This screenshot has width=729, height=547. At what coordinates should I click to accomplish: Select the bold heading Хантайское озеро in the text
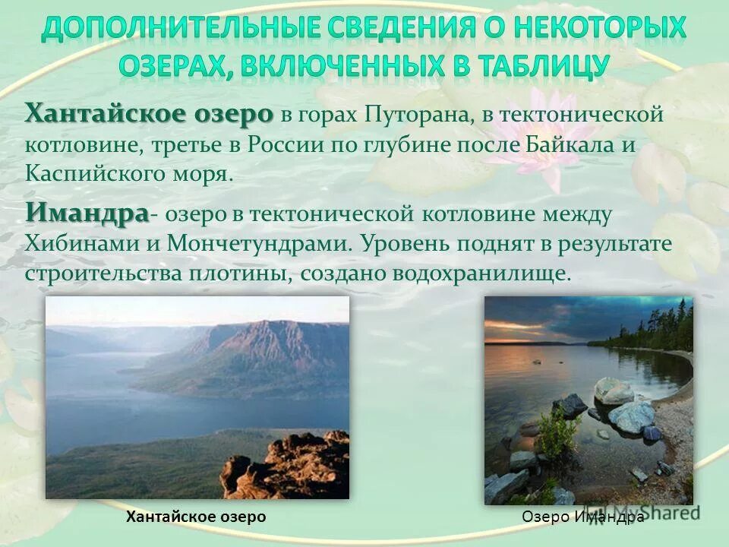click(x=149, y=115)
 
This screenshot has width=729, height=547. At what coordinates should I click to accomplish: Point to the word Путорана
click(x=411, y=116)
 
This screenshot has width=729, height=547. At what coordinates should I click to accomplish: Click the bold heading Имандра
click(x=87, y=212)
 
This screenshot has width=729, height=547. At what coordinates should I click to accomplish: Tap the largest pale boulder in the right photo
click(x=631, y=416)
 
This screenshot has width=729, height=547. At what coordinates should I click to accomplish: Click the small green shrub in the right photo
click(x=558, y=433)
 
